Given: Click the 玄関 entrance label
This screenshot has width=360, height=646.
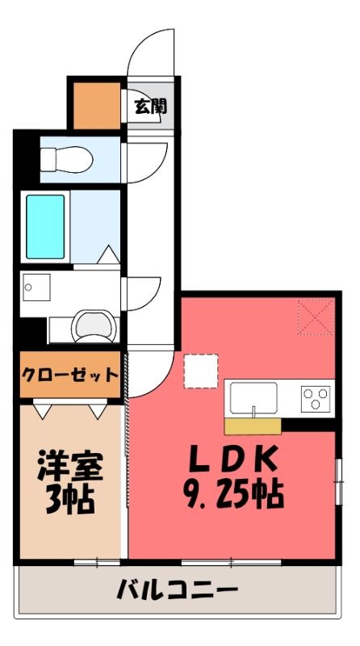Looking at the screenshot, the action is point(150,107).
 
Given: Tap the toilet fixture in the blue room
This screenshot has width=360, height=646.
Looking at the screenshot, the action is point(66,159).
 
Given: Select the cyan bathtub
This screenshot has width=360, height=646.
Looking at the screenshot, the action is point(45,227).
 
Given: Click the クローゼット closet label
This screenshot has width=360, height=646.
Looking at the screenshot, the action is point(69,375).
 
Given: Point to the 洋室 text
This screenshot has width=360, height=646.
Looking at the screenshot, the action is point(70,466).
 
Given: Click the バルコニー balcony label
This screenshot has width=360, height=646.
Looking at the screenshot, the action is point(178,589).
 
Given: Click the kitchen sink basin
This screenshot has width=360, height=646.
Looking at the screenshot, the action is point(253,397).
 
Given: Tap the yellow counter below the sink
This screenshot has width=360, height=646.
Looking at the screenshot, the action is point(253,426).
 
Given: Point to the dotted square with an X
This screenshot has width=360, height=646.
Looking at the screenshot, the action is point(316,317).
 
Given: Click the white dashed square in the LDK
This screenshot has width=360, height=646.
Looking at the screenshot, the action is point(201,371).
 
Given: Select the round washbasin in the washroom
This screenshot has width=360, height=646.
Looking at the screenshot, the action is point(94,326).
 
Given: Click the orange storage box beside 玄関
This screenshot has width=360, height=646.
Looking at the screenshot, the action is point(97,106).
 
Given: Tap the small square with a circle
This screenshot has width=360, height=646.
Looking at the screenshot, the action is point(36,287).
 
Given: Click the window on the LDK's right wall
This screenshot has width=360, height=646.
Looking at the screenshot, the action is point(338,481).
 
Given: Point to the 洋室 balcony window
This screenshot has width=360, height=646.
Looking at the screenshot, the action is point(97,562).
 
